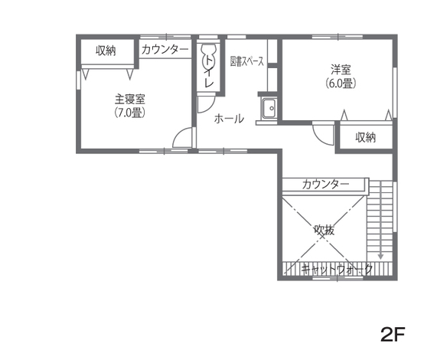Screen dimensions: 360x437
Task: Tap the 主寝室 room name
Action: pos(130,99)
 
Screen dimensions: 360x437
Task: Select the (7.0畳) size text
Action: pos(130,113)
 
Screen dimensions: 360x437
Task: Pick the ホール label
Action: pos(229,119)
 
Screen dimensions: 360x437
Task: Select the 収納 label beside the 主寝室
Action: pos(106,51)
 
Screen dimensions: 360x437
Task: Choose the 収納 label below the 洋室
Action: pos(366,137)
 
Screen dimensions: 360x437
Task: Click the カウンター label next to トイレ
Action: pos(165,50)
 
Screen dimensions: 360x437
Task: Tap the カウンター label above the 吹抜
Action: pos(325,185)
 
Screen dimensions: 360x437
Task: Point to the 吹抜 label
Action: pos(324,228)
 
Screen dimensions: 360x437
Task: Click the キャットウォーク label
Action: pos(337,269)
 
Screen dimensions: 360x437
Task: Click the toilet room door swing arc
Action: pos(207,104)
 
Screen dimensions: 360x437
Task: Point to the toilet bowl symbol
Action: pos(207,57)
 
